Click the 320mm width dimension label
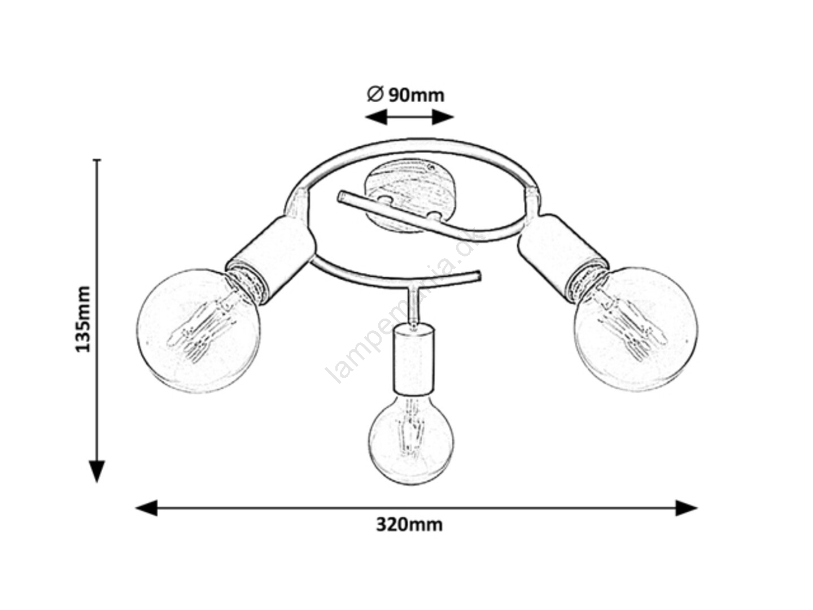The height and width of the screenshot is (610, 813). click(409, 525)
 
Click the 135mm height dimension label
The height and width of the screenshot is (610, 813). click(83, 319)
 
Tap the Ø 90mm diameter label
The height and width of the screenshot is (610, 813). click(405, 95)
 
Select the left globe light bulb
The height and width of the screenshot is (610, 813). click(198, 331)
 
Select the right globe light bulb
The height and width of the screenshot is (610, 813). click(636, 329)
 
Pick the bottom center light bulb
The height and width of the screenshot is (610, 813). click(411, 441)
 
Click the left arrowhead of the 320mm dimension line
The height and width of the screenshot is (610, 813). click(146, 508)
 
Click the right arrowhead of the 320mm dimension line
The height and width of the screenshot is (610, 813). click(687, 508)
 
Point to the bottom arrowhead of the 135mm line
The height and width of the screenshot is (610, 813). click(98, 471)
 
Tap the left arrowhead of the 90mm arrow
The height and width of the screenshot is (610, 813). click(376, 117)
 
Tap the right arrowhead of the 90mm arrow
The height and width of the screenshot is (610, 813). click(443, 117)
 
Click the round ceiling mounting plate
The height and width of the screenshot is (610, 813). click(411, 195)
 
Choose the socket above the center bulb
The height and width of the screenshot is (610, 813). click(414, 359)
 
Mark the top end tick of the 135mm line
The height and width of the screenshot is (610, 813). click(98, 160)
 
